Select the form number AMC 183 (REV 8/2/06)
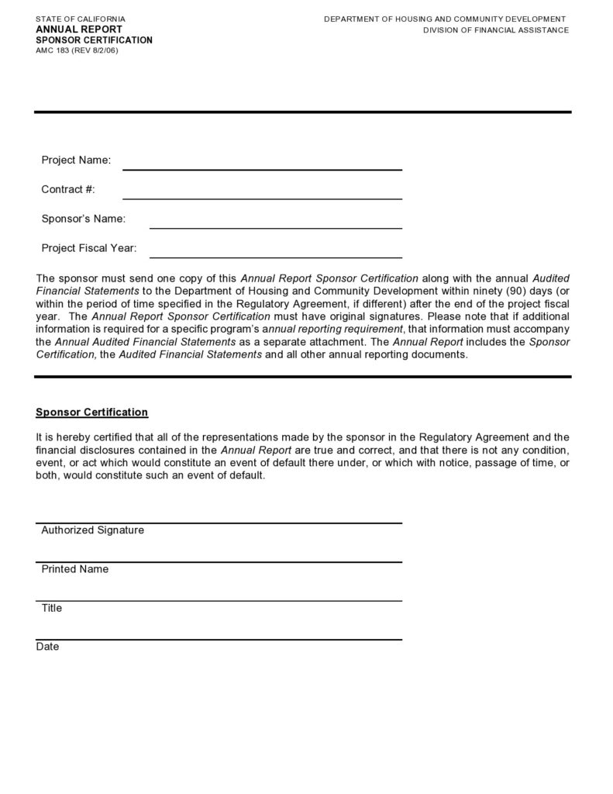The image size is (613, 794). (77, 50)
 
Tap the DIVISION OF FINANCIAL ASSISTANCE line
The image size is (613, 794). (495, 30)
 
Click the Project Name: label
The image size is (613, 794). (76, 160)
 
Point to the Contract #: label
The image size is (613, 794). (68, 189)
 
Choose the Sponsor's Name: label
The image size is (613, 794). (83, 219)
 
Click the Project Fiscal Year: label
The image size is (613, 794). (88, 248)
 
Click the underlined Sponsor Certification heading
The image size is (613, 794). (91, 412)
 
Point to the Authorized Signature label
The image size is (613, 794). (92, 530)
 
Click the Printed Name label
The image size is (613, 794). (74, 569)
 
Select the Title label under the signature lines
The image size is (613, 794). (51, 608)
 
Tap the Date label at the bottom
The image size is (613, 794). (47, 647)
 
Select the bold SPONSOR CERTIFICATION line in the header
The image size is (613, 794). (94, 40)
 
